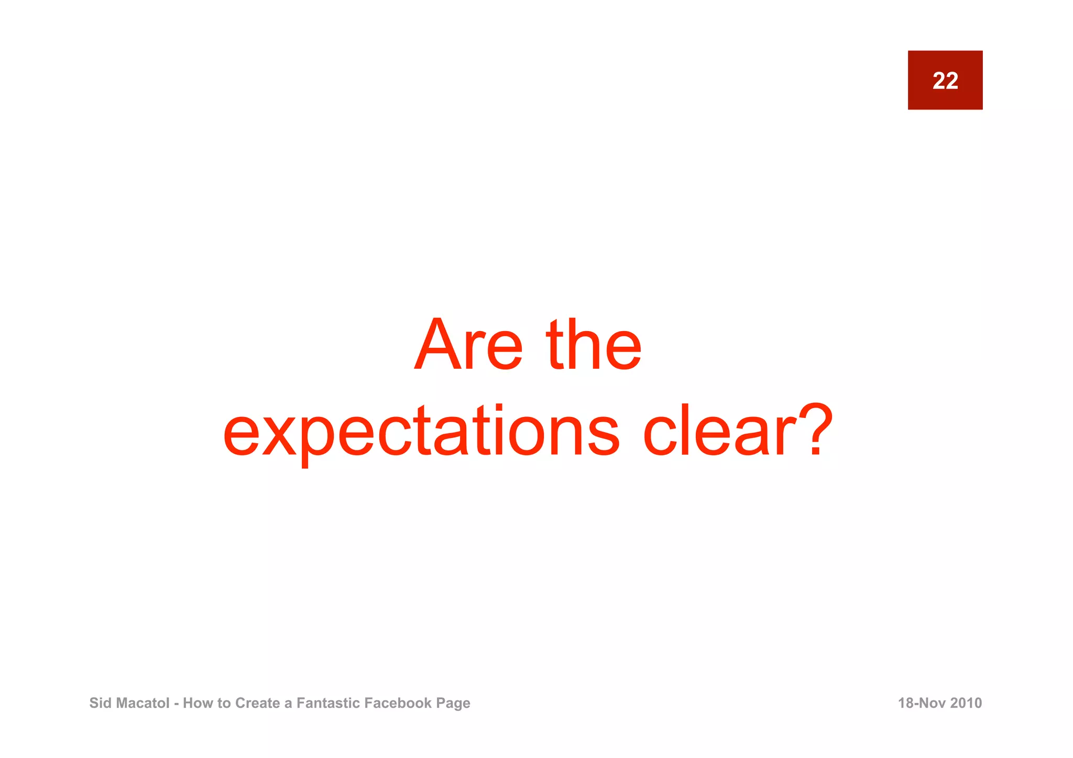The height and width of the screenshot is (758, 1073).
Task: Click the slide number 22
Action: [x=945, y=81]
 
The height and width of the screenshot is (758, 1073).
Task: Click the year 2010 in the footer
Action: [x=966, y=703]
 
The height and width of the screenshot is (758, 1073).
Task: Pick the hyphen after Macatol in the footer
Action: [x=176, y=704]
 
